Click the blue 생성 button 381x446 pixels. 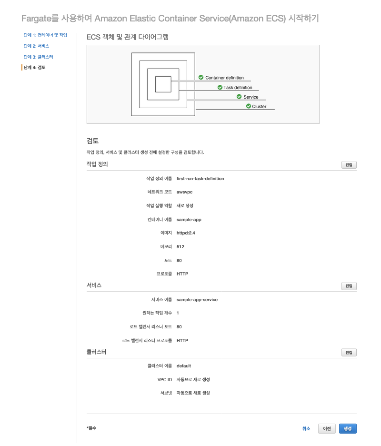tap(348, 429)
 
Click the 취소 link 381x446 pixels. tap(306, 429)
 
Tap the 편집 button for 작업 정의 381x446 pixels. tap(349, 165)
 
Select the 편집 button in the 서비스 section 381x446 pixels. tap(349, 286)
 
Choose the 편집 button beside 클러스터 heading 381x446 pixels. tap(349, 353)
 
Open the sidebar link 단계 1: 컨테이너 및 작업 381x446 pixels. tap(45, 35)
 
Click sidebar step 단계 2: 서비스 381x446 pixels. tap(36, 46)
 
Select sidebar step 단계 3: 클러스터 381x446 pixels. tap(38, 57)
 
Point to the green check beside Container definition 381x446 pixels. tap(201, 77)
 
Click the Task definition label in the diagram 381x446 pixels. tap(238, 88)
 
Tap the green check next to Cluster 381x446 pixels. tap(249, 106)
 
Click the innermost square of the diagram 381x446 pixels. tap(163, 84)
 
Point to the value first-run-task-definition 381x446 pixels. tap(200, 179)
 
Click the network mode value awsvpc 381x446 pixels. tap(184, 192)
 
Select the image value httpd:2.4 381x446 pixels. tap(186, 233)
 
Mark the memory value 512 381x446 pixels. tap(180, 247)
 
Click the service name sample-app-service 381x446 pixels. tap(197, 300)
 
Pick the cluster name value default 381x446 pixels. tap(183, 366)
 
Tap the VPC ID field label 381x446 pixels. tap(164, 380)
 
